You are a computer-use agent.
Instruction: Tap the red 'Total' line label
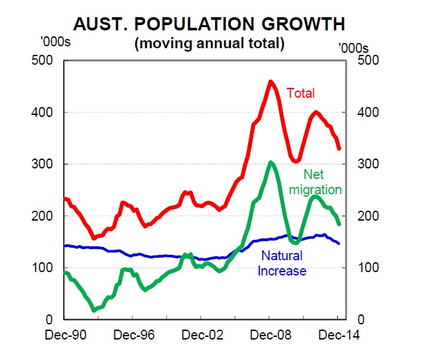(x=300, y=92)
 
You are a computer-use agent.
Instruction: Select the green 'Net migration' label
(x=322, y=182)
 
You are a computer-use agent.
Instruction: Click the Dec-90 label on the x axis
(x=64, y=335)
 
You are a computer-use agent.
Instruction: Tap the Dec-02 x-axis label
(x=201, y=335)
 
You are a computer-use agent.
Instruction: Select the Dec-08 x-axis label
(x=270, y=335)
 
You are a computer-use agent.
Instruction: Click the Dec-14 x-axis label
(x=339, y=335)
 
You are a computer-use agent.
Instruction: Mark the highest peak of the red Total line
(x=271, y=82)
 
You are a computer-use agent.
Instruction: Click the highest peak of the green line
(x=271, y=162)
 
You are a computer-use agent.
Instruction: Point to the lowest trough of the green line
(x=94, y=309)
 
